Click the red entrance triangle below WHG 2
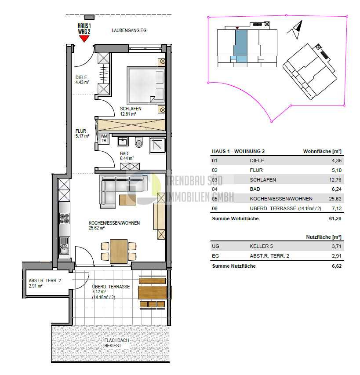pos(84,39)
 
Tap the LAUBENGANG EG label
pos(128,31)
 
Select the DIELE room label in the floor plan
pos(81,79)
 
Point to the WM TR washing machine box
pos(104,138)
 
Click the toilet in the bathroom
pos(139,142)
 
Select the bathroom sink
pos(122,142)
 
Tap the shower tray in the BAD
pos(157,145)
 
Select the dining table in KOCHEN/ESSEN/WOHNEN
pos(118,251)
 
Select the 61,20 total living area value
pos(335,218)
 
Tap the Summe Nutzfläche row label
pos(233,266)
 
